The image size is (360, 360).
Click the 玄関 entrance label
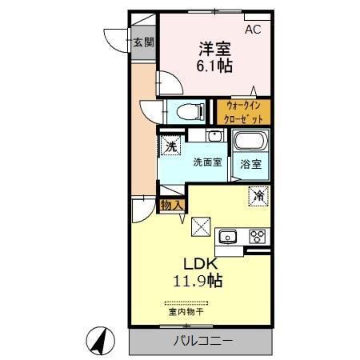143,42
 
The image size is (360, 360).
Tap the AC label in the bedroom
253,30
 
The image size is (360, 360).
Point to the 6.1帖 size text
214,66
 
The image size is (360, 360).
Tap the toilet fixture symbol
180,111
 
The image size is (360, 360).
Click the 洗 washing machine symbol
170,146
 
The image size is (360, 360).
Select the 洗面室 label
206,162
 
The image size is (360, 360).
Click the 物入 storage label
172,205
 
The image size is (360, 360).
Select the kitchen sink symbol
228,236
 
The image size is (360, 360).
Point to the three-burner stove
258,236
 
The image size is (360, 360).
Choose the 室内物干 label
186,311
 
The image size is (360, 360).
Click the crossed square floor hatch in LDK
200,226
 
